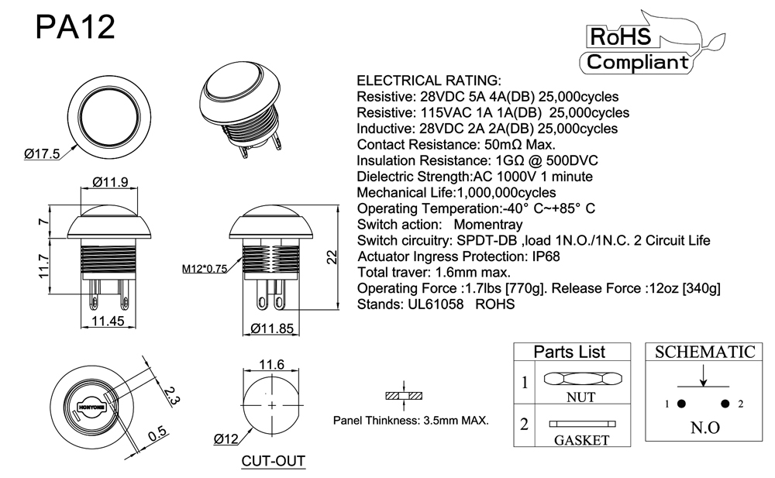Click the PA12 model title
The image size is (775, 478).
pyautogui.click(x=76, y=28)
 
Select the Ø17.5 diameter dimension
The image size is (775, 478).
pyautogui.click(x=43, y=154)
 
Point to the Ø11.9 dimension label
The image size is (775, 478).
pyautogui.click(x=109, y=183)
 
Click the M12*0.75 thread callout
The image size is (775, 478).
pyautogui.click(x=205, y=269)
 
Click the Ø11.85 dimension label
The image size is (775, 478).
pyautogui.click(x=273, y=328)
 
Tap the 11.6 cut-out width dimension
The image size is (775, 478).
pyautogui.click(x=271, y=364)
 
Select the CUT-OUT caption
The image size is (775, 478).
pyautogui.click(x=273, y=462)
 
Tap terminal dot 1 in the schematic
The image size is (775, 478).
pyautogui.click(x=681, y=404)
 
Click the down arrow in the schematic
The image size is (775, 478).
pyautogui.click(x=703, y=376)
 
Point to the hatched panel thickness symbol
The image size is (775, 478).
pyautogui.click(x=405, y=396)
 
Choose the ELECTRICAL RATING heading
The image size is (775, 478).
pyautogui.click(x=429, y=81)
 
